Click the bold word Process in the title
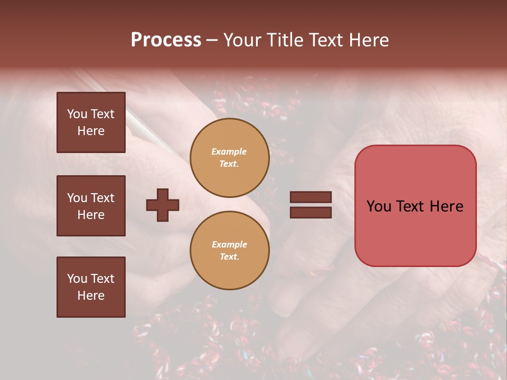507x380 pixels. coord(166,40)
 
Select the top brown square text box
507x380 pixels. coord(91,122)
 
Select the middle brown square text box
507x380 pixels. coord(91,206)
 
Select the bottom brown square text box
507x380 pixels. coord(91,287)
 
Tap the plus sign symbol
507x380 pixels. coord(163,205)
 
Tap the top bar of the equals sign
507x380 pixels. coord(311,197)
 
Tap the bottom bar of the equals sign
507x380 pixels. coord(311,213)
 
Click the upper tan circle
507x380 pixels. coord(229,158)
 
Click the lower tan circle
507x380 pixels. coord(229,251)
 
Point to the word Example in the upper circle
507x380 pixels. coord(229,151)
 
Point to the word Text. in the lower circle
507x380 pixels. coord(229,257)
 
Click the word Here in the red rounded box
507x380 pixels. coord(446,206)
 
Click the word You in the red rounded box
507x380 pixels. coord(379,206)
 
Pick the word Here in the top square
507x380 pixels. coord(91,131)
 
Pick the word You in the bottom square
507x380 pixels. coord(77,279)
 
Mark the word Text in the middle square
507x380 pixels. coord(102,198)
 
